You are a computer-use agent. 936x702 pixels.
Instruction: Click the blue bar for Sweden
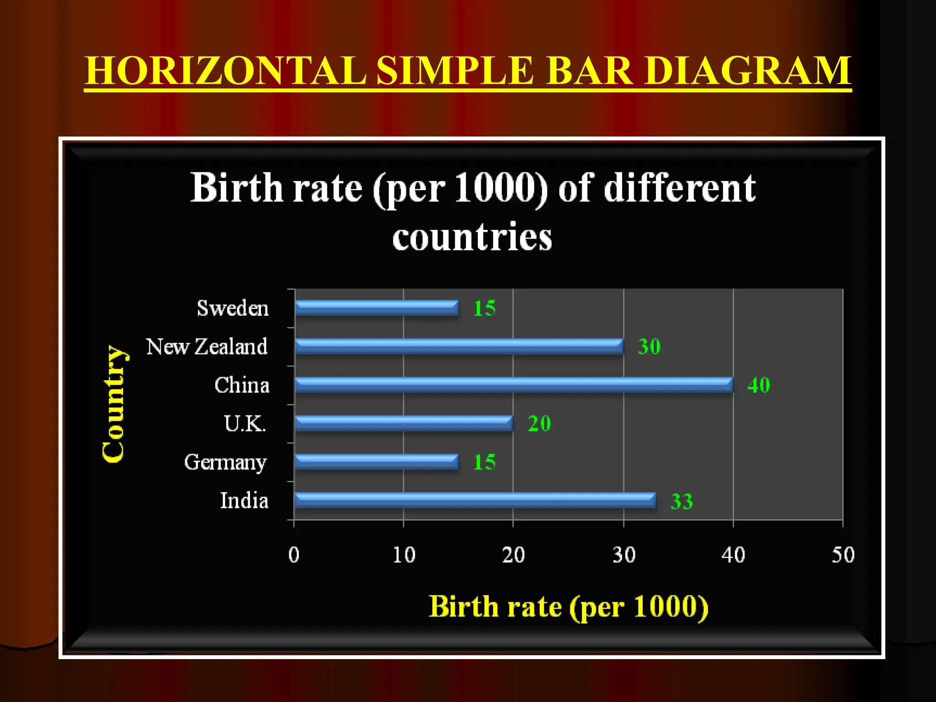pyautogui.click(x=377, y=308)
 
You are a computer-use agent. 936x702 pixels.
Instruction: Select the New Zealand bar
pyautogui.click(x=459, y=346)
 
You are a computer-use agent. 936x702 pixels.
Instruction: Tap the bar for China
pyautogui.click(x=514, y=385)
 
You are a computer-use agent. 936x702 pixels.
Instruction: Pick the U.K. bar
pyautogui.click(x=404, y=423)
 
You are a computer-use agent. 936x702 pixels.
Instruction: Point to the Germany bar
pyautogui.click(x=377, y=462)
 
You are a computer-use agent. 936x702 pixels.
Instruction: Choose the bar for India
pyautogui.click(x=475, y=500)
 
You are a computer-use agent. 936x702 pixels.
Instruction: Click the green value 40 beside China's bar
pyautogui.click(x=759, y=385)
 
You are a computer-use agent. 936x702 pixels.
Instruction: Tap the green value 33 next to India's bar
pyautogui.click(x=681, y=501)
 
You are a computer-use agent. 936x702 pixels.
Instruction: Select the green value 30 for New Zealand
pyautogui.click(x=649, y=346)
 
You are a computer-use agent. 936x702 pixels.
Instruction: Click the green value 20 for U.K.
pyautogui.click(x=539, y=424)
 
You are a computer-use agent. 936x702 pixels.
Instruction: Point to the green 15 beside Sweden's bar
pyautogui.click(x=484, y=308)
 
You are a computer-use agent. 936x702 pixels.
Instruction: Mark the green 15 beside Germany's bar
pyautogui.click(x=484, y=462)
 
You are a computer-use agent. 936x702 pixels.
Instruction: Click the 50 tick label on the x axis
pyautogui.click(x=843, y=555)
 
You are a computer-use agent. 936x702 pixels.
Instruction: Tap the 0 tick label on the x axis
pyautogui.click(x=294, y=555)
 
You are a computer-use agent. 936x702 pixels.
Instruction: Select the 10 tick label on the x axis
pyautogui.click(x=404, y=555)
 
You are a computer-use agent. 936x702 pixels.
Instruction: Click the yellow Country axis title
pyautogui.click(x=113, y=404)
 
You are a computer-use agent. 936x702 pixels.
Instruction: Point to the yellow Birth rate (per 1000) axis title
pyautogui.click(x=569, y=607)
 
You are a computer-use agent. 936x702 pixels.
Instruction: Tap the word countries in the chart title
pyautogui.click(x=472, y=237)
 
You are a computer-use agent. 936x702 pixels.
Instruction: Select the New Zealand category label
pyautogui.click(x=207, y=346)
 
